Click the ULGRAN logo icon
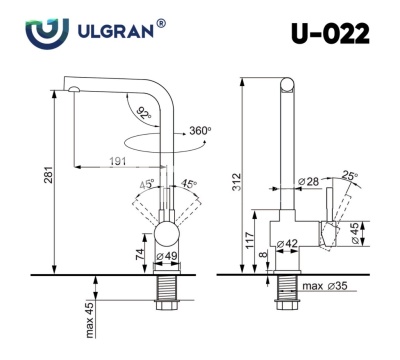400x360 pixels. coord(47,34)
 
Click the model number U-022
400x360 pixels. coord(330,34)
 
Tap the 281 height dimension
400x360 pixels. coord(49,174)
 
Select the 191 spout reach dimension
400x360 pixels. coord(118,161)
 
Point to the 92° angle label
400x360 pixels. coord(144,113)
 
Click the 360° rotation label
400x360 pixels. coord(200,130)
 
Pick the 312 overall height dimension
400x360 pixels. coord(236,182)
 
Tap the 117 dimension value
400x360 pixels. coord(249,240)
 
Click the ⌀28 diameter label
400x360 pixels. coord(308,182)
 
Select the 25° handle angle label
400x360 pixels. coord(349,176)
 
